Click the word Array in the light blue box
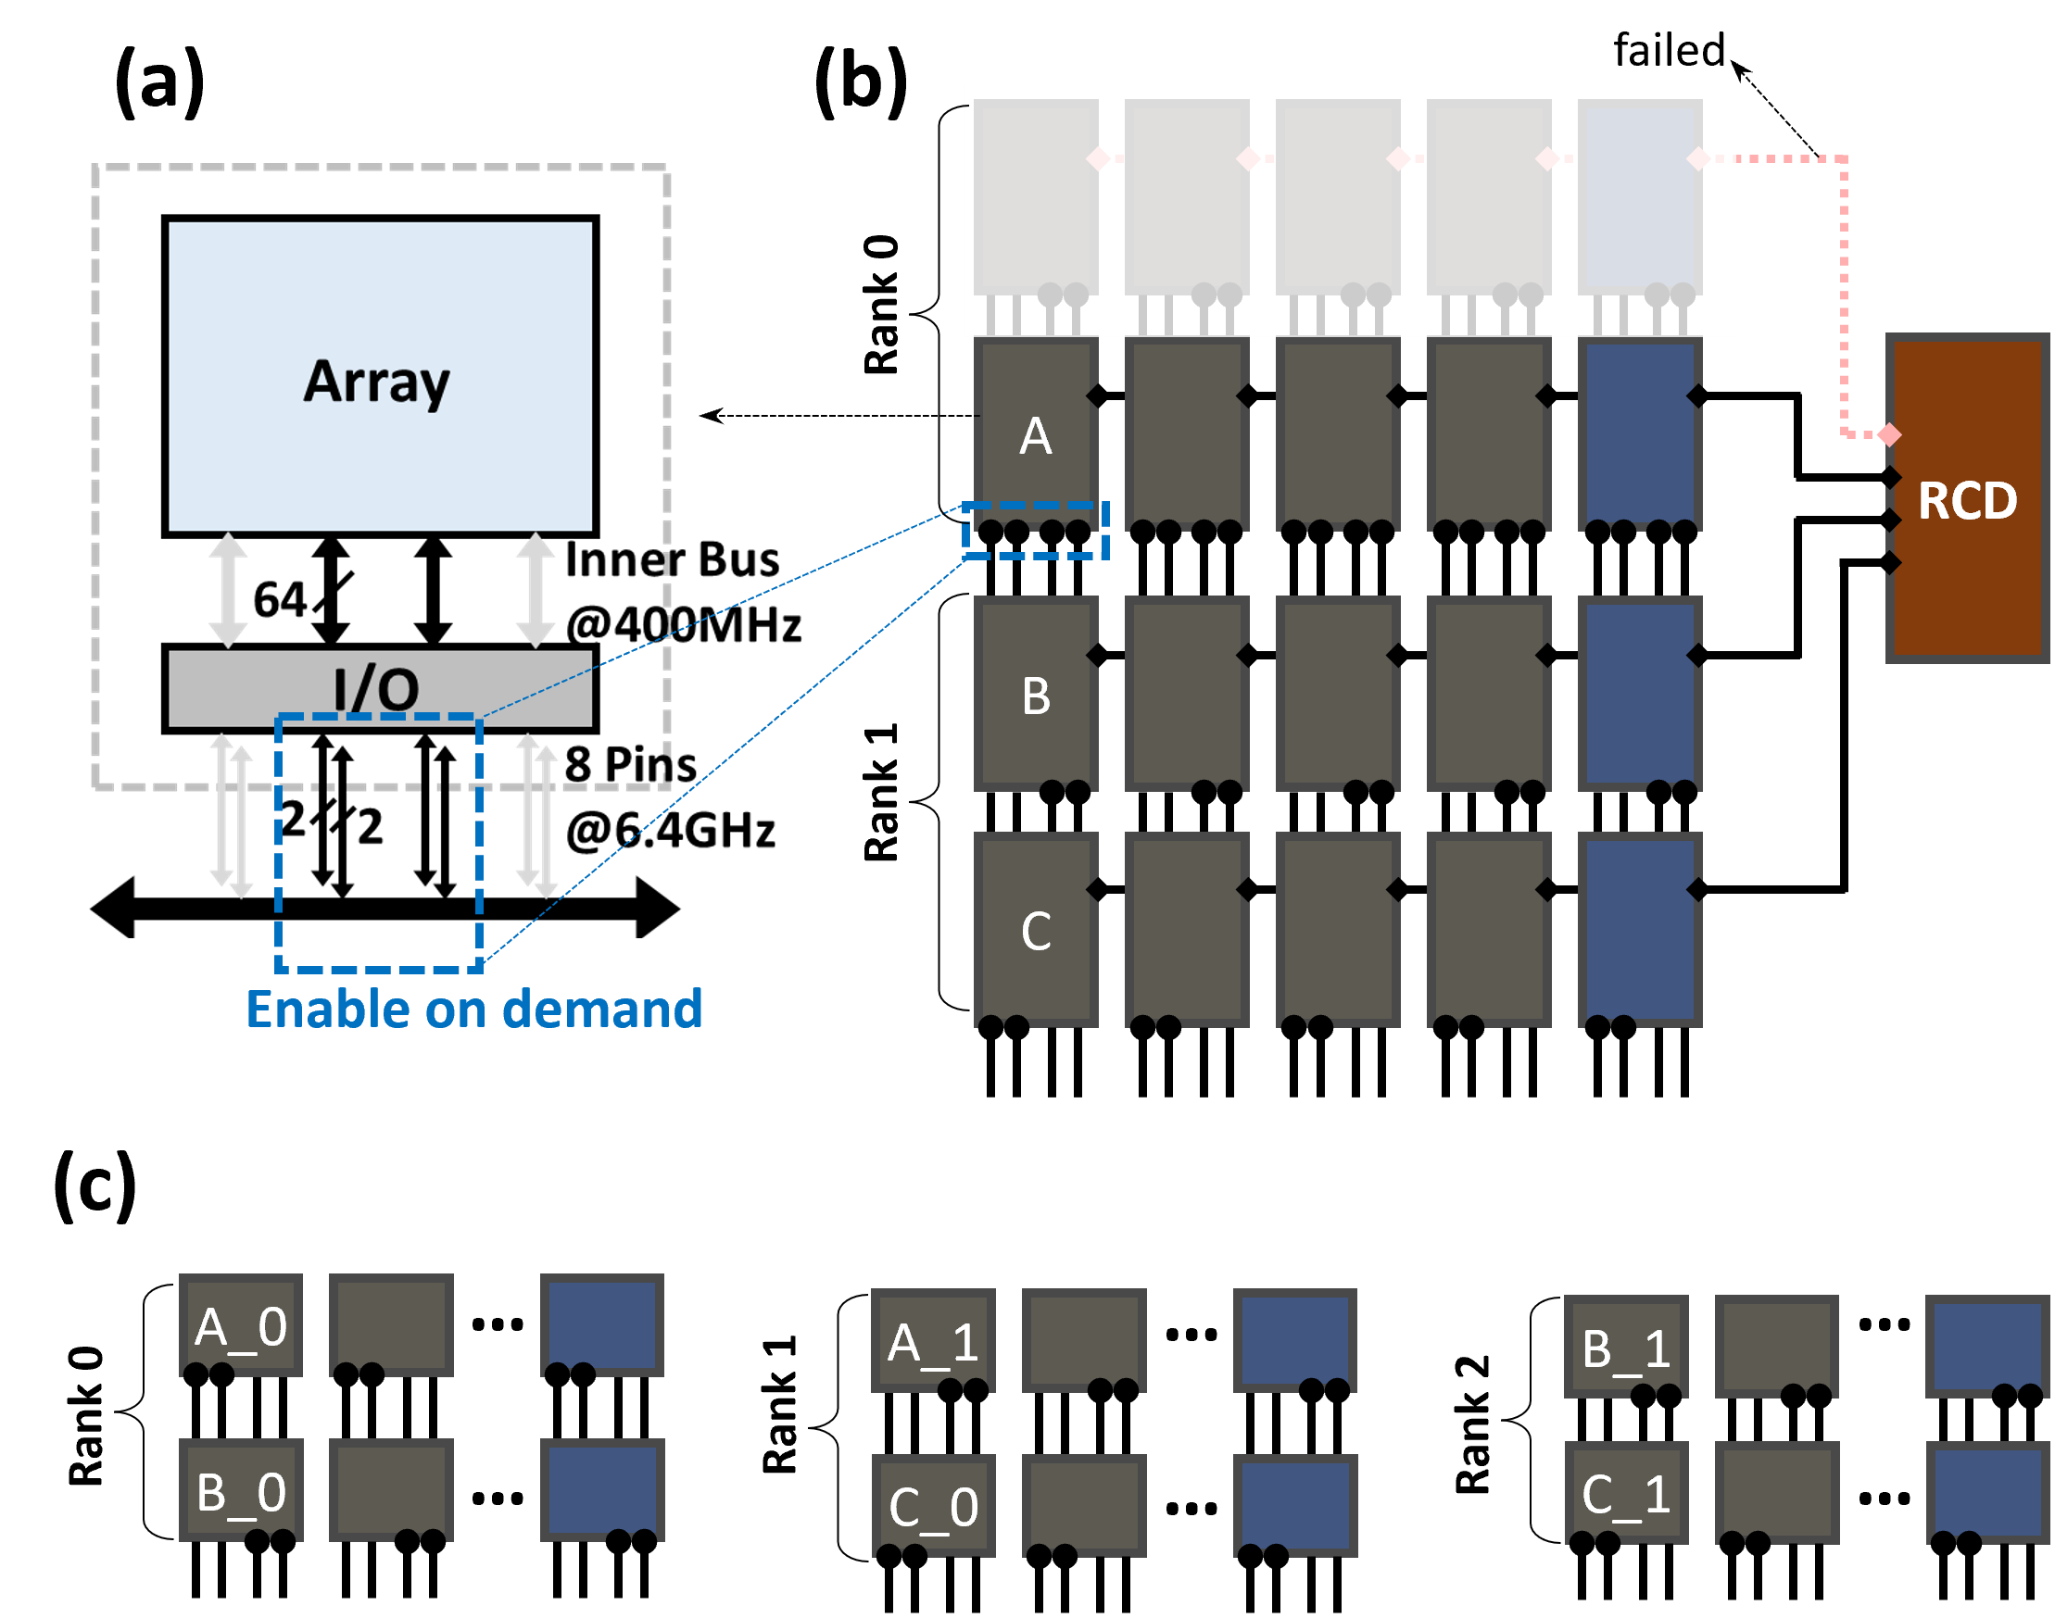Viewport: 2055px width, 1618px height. point(377,382)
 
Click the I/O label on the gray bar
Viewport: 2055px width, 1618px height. point(377,688)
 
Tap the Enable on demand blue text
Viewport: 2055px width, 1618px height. point(473,1009)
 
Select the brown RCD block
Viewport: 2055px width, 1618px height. point(1967,499)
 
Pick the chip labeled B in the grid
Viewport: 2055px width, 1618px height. point(1036,695)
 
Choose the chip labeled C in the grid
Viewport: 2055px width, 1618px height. point(1036,929)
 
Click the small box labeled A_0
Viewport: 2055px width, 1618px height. point(241,1325)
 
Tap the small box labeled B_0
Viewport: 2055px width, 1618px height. point(241,1490)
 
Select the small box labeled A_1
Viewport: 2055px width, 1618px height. point(932,1340)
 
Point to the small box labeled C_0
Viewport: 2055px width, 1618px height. point(932,1505)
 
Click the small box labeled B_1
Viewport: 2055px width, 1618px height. point(1626,1346)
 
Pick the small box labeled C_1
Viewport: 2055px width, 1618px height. point(1626,1493)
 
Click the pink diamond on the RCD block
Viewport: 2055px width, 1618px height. point(1889,434)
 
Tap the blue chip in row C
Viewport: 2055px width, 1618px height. point(1639,929)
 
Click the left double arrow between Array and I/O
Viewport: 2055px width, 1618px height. point(228,589)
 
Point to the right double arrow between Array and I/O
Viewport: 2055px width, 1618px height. point(536,589)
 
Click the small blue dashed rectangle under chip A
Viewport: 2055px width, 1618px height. point(1036,531)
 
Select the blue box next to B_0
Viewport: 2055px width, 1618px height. point(601,1490)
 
